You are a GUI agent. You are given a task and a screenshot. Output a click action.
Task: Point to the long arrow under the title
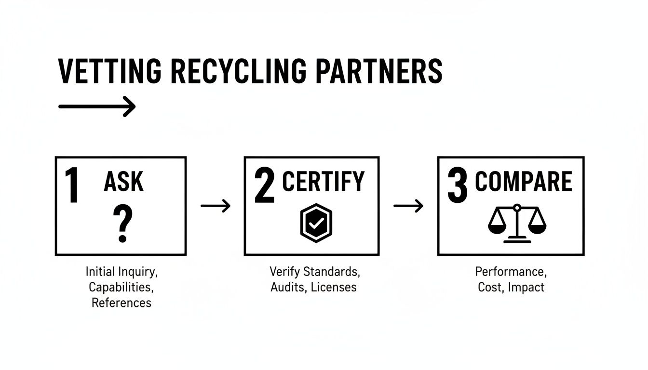tap(96, 106)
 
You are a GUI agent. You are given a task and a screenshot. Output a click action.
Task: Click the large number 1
tap(72, 185)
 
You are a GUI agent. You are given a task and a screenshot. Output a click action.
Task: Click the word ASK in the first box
tap(123, 182)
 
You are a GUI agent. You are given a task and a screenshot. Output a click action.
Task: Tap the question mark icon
tap(122, 224)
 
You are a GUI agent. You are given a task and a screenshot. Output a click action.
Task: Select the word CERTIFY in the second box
tap(323, 182)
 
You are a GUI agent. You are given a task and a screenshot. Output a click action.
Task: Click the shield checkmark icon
tap(315, 223)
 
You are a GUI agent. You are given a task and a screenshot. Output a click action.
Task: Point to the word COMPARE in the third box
tap(524, 182)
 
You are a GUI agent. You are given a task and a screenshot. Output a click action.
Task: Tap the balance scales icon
tap(517, 223)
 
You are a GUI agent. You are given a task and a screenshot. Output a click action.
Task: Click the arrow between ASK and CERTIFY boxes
tap(216, 206)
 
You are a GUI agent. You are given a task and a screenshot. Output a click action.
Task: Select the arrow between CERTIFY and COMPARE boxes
tap(408, 206)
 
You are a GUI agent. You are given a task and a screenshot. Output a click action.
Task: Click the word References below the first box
tap(121, 303)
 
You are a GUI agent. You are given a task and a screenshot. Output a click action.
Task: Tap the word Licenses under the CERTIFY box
tap(334, 287)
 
